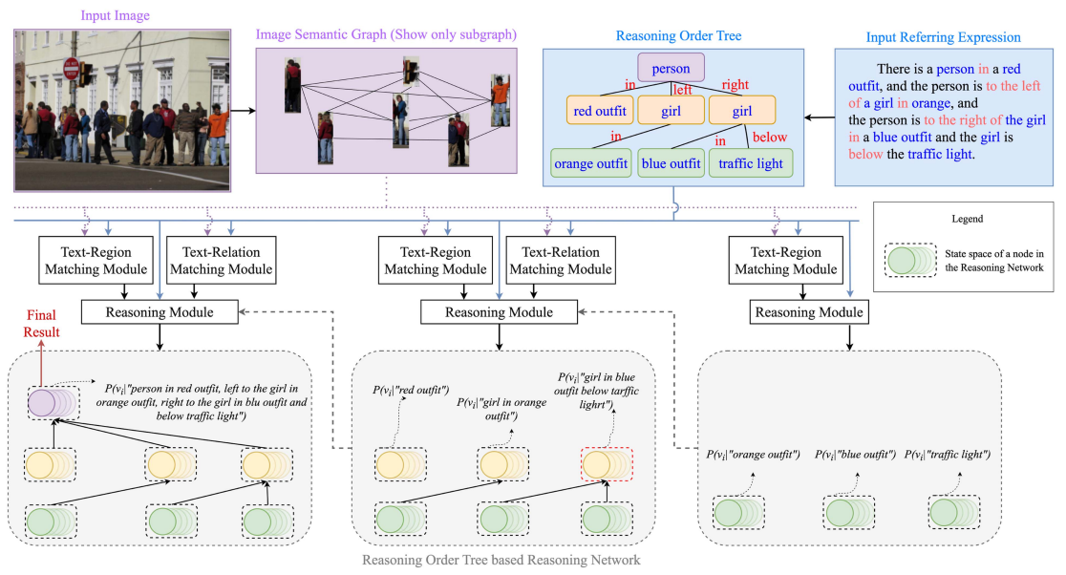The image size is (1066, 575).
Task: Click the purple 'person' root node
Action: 671,68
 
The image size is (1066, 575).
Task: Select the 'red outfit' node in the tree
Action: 600,112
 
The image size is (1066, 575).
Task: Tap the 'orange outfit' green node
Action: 591,163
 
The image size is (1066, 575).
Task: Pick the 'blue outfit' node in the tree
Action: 671,163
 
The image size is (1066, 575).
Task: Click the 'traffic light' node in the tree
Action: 750,163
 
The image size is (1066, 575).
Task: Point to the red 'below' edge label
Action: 770,138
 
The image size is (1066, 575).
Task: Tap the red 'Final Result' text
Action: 42,325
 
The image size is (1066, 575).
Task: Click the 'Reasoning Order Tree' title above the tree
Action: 667,36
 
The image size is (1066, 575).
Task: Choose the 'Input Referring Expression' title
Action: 941,36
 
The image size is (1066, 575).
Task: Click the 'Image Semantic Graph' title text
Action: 386,34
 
